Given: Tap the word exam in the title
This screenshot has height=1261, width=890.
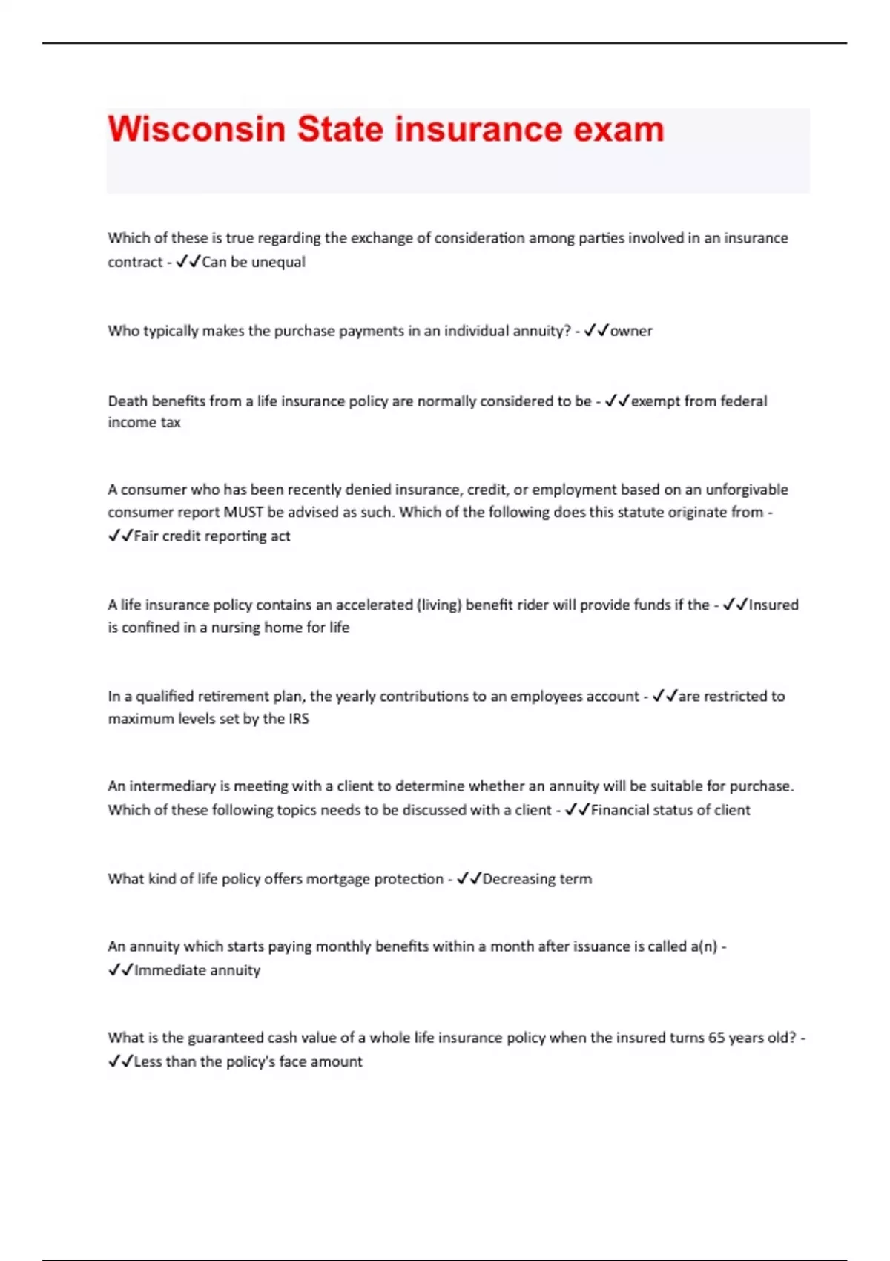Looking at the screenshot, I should tap(618, 129).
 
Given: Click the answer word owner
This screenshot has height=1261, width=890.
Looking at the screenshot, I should tap(631, 331).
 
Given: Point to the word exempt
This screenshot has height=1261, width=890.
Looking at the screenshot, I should tap(655, 401).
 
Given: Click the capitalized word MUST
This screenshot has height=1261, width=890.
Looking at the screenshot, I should tap(243, 512).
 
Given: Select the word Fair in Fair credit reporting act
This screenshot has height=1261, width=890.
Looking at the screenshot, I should tap(146, 536).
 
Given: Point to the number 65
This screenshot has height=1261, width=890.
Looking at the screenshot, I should tap(716, 1038).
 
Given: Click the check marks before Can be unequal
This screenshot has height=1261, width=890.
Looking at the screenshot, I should tap(188, 262).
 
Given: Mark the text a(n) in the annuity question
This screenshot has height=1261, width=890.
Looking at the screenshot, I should tap(703, 946).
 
